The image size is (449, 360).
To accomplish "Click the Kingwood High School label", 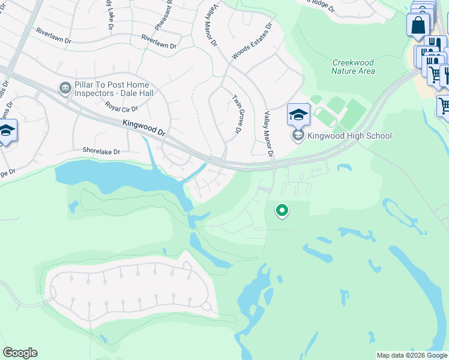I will pos(349,136).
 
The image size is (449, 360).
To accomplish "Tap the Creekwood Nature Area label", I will pos(353,67).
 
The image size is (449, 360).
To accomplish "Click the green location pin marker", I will pos(281,211).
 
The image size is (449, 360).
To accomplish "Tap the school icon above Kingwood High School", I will pos(298,114).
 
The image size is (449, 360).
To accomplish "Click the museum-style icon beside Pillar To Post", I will pos(64,88).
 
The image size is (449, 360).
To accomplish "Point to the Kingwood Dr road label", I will pos(143,129).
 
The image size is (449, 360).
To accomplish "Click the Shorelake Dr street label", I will pos(100,152).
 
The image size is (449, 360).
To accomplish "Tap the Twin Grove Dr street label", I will pos(237,115).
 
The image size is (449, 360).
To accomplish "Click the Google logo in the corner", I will pos(20,353).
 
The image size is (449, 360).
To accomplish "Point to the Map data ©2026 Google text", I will pos(412,355).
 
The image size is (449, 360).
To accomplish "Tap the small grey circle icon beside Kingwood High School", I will pos(298,136).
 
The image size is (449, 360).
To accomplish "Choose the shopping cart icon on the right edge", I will pos(444,106).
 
